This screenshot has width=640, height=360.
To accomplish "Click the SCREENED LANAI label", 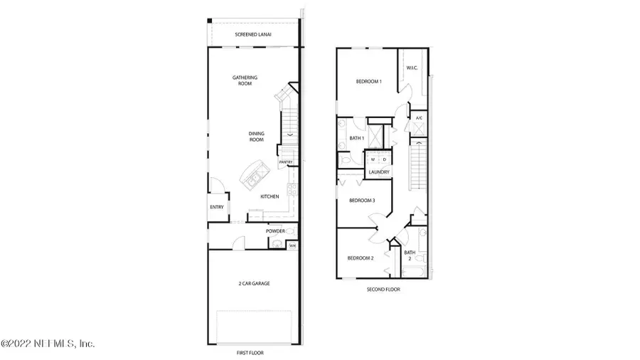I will point(254,34).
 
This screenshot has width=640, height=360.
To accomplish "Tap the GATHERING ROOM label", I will point(245,80).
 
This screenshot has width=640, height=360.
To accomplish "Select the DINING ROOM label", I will point(256,137).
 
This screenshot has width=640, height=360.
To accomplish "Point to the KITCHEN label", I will point(269,196).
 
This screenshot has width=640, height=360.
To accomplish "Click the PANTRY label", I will point(286,162).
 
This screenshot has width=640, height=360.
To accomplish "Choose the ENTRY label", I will point(217,207).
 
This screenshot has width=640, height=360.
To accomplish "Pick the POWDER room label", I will point(276,231).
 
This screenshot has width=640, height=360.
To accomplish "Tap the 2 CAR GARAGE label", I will point(254,283).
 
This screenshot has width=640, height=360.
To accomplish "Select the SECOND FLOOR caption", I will point(383,290).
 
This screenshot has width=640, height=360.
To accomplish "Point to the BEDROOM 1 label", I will point(369,82).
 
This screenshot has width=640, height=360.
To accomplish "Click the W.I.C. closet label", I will point(412,68).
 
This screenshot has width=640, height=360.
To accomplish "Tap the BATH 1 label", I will point(357,138).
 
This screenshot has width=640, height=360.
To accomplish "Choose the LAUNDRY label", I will point(378,171).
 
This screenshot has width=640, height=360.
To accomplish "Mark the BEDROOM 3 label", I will point(362,201).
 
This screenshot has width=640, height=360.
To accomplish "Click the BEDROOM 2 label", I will point(361,258).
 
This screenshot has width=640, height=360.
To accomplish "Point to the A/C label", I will point(419,118).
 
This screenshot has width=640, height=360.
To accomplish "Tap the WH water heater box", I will point(292,245).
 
